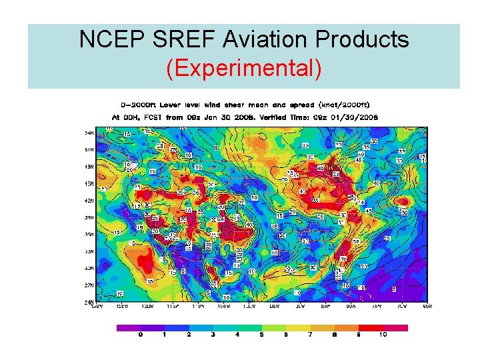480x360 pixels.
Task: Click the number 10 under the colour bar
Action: coord(383,335)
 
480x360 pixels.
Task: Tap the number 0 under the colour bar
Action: coord(141,335)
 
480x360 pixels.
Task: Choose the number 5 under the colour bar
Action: coord(261,335)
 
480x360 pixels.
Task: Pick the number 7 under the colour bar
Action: coord(310,335)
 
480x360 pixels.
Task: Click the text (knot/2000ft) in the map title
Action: coord(343,105)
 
